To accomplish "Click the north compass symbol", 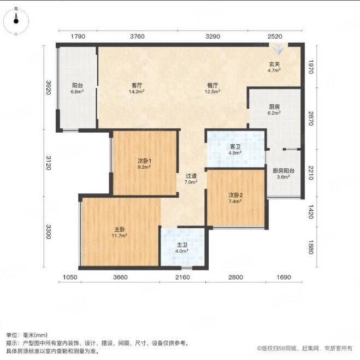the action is (x=16, y=21).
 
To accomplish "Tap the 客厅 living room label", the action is (x=137, y=85).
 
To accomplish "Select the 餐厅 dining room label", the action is (x=213, y=85).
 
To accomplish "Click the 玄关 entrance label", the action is (x=274, y=64).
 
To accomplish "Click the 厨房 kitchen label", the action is (x=274, y=107).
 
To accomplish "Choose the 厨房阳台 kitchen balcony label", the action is (x=284, y=171).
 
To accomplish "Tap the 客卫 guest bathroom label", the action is (x=235, y=147).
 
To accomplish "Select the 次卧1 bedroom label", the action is (x=144, y=161).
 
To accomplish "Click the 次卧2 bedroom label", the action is (x=235, y=196).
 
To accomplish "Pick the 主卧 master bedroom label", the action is (x=120, y=229).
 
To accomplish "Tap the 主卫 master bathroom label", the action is (x=182, y=245).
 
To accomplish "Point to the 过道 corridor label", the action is (x=191, y=176).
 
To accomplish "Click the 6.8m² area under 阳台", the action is (x=77, y=92).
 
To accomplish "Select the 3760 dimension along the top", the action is (x=137, y=37).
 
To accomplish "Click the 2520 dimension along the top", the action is (x=275, y=37).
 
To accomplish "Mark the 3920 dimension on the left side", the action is (x=48, y=87).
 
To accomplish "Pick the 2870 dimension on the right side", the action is (x=311, y=119).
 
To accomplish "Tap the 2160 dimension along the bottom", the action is (x=183, y=278).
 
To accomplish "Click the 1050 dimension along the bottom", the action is (x=70, y=278).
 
